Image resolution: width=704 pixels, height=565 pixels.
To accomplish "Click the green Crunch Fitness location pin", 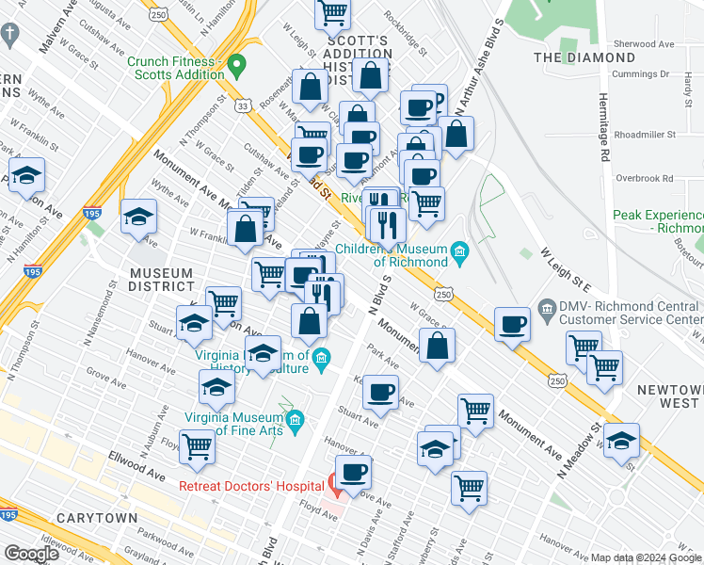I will (236, 66).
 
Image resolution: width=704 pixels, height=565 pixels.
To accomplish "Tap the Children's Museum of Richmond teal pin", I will (459, 250).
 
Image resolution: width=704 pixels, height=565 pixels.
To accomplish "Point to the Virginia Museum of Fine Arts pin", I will (296, 418).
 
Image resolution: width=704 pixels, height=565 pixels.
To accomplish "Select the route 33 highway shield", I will (244, 107).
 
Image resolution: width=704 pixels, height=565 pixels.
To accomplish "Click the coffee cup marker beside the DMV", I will (513, 324).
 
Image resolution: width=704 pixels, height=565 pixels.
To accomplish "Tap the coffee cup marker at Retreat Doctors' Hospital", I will (353, 472).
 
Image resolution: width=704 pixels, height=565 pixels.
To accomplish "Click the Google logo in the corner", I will (32, 554).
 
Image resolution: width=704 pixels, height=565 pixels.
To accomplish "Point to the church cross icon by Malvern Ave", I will (9, 36).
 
